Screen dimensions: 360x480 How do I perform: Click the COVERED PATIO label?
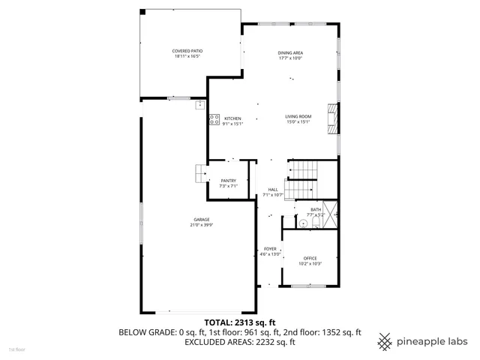[188, 50]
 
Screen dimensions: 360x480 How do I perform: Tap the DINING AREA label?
[290, 52]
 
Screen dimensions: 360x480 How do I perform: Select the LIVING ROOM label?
[298, 116]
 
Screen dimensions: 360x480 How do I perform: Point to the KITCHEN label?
[232, 118]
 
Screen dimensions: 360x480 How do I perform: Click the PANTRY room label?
[228, 181]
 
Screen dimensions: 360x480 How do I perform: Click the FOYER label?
[270, 248]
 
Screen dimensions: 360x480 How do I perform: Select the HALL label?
[272, 189]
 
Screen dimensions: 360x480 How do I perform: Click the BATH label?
[316, 209]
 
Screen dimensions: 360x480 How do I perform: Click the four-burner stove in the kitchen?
[214, 118]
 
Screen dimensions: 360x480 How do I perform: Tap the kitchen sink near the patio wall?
[200, 106]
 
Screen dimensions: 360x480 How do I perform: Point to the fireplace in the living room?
[332, 118]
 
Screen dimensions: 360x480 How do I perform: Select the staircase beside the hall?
[304, 172]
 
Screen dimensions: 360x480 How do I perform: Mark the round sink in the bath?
[304, 223]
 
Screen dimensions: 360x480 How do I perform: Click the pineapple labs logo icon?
[385, 341]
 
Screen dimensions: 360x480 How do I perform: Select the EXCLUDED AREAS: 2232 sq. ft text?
[239, 341]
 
